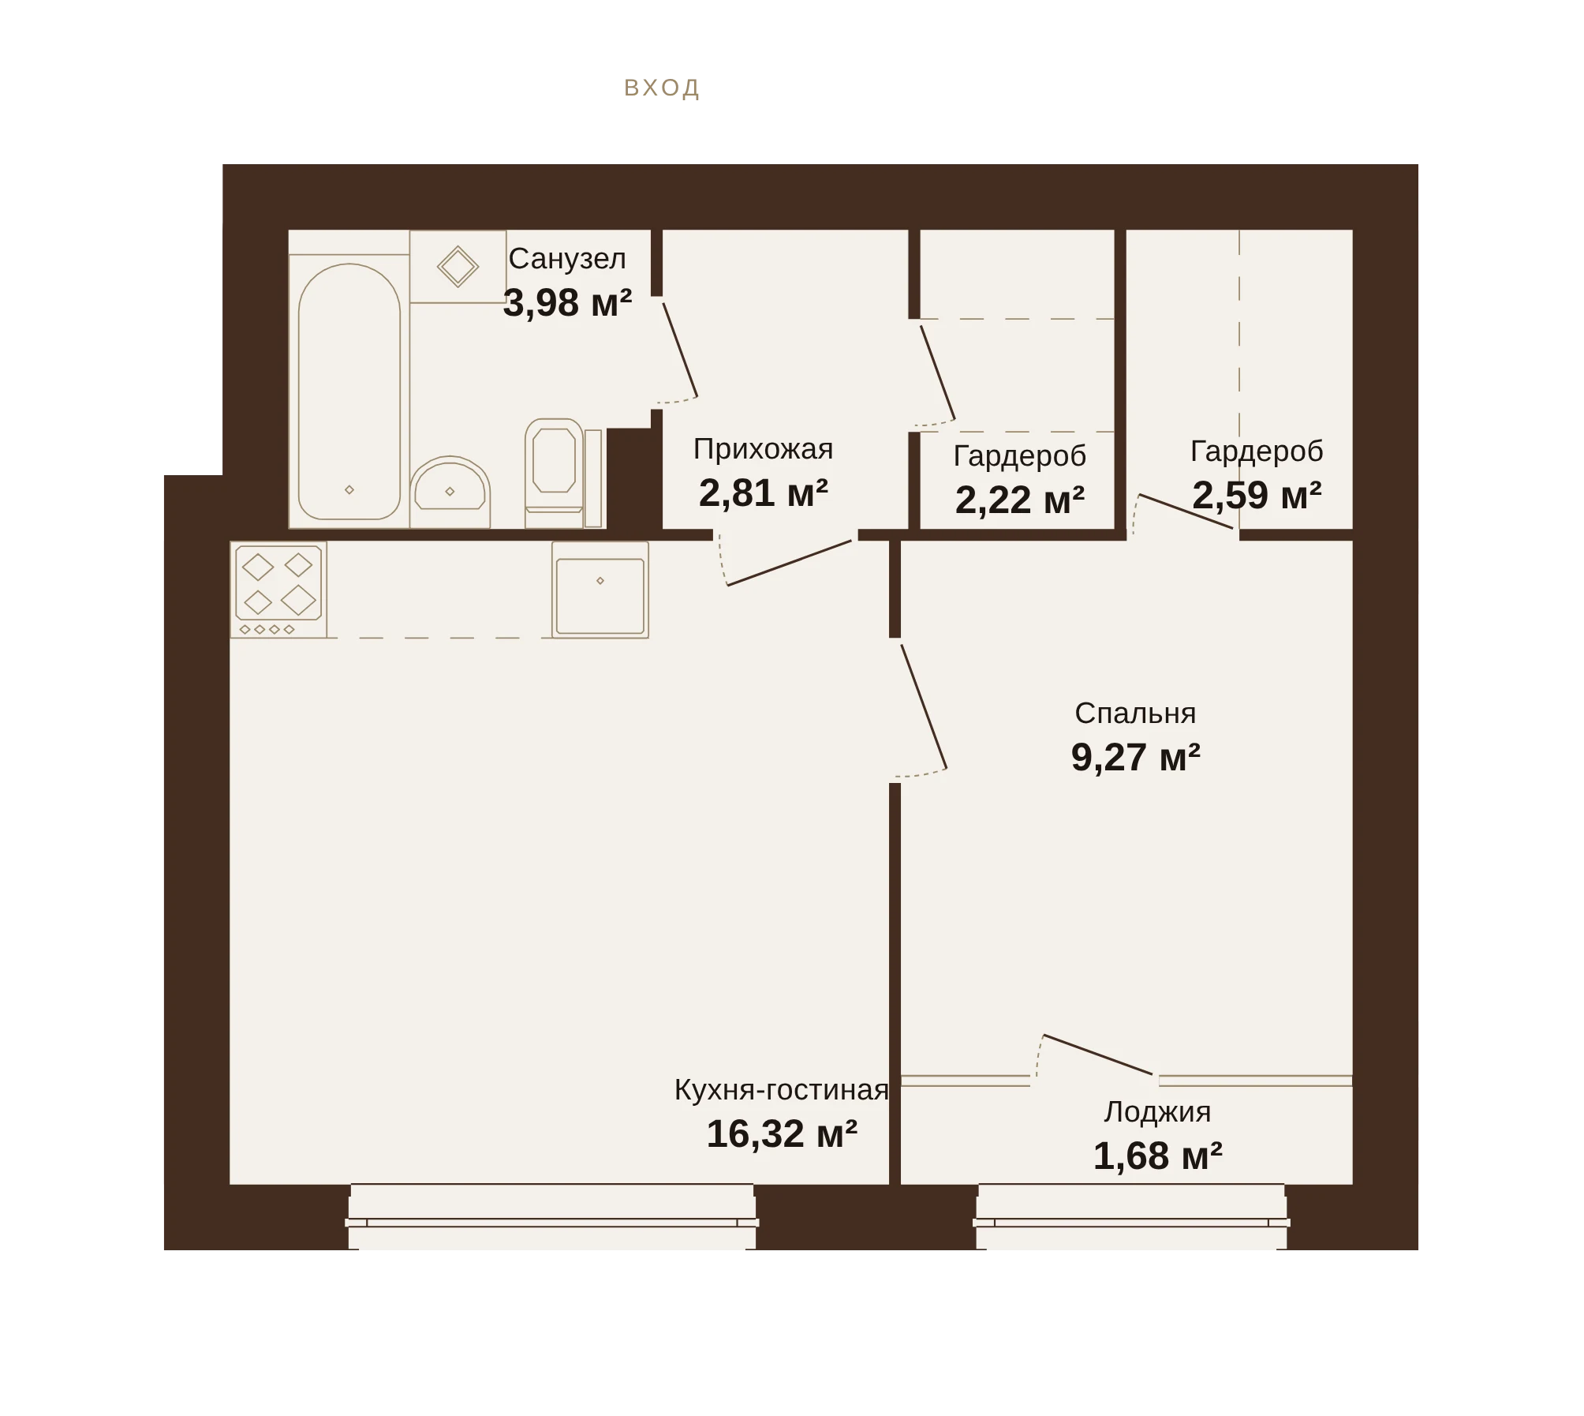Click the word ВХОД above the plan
(x=662, y=88)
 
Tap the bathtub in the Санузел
(x=349, y=391)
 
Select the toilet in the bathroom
(x=555, y=473)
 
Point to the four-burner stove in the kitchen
(x=278, y=590)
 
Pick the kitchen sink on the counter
(x=600, y=590)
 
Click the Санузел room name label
(x=567, y=259)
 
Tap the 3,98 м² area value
(x=567, y=302)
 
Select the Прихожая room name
(x=763, y=449)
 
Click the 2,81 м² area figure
(x=763, y=493)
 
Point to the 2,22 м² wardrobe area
(x=1019, y=500)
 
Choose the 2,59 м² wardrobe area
(x=1257, y=495)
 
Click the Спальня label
(x=1135, y=714)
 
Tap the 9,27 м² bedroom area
(x=1135, y=757)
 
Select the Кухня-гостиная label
(x=781, y=1090)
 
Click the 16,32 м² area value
(x=781, y=1133)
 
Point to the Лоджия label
(x=1157, y=1112)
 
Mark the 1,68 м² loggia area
(x=1157, y=1156)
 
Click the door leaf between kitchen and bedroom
(x=924, y=706)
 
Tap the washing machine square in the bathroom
(x=458, y=266)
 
